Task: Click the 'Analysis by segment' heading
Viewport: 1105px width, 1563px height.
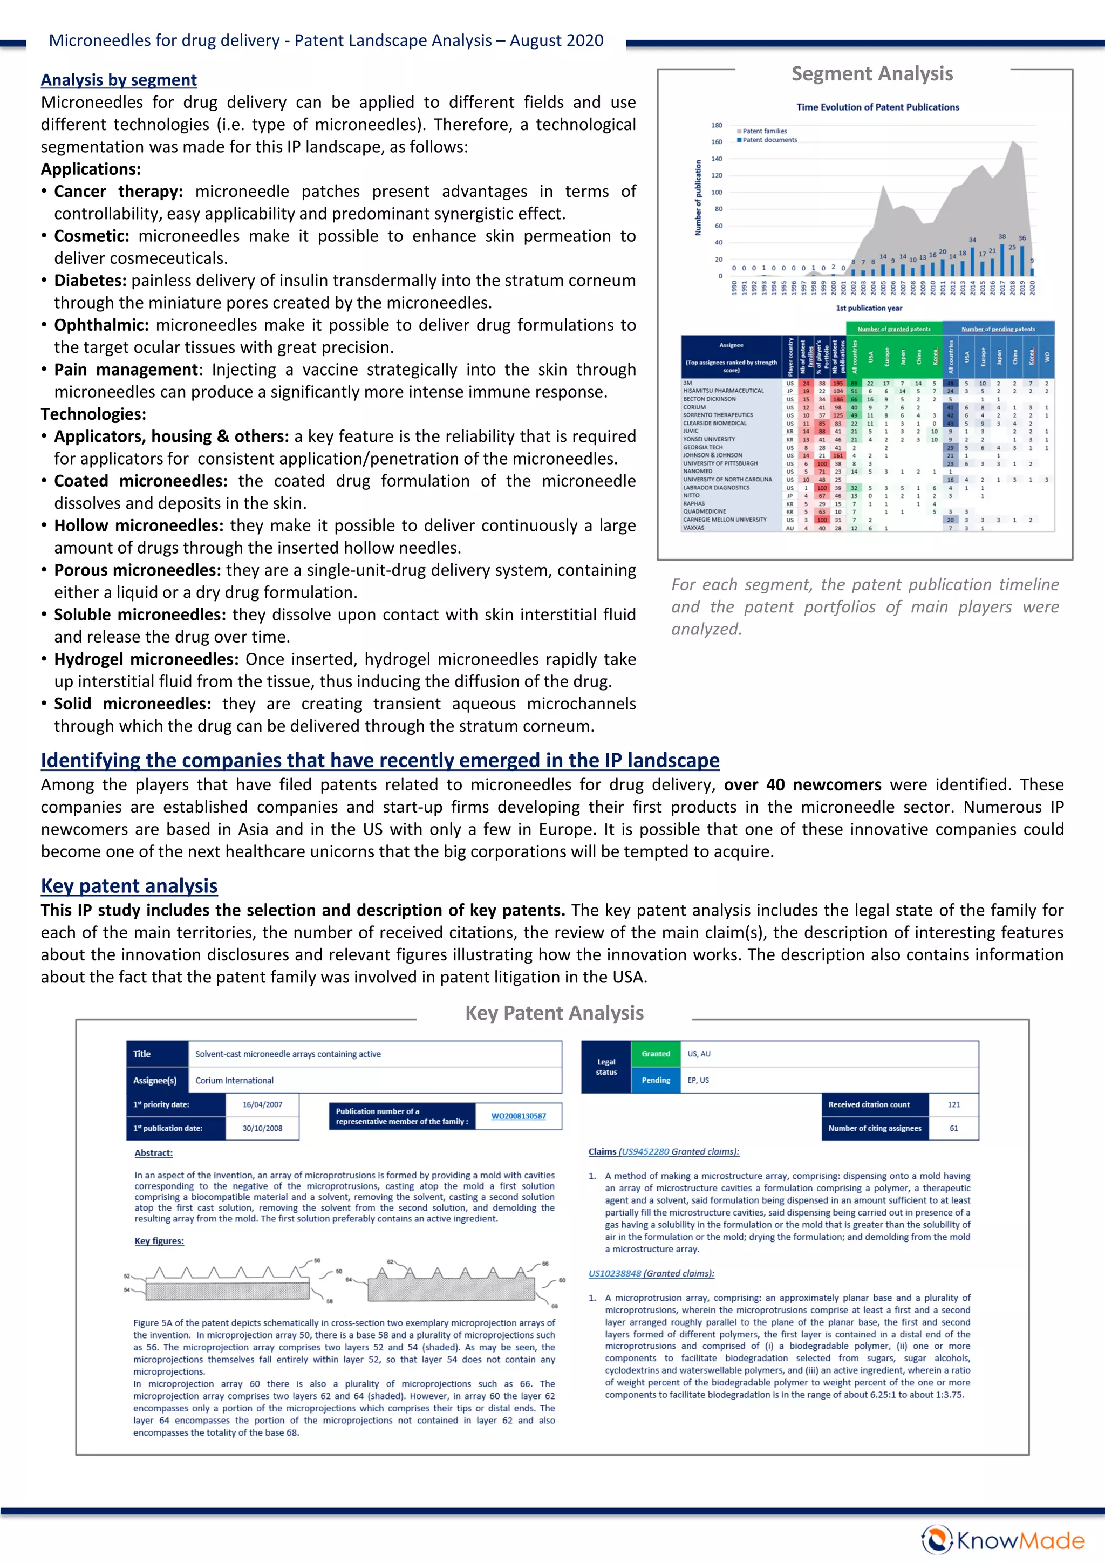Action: (x=119, y=80)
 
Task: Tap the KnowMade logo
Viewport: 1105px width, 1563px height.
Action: (x=1002, y=1540)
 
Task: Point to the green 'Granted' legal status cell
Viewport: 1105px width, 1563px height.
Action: (x=655, y=1054)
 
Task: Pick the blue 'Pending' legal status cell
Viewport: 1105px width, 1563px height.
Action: (x=655, y=1080)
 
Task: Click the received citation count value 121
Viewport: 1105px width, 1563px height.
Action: (x=953, y=1104)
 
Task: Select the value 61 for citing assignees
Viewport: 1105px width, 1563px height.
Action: (x=953, y=1128)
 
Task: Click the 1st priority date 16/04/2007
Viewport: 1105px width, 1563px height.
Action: (x=262, y=1104)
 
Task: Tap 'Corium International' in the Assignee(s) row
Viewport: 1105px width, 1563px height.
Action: (x=234, y=1080)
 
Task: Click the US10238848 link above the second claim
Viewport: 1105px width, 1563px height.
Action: (x=615, y=1273)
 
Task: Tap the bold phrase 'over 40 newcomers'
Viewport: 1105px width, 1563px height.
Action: (x=802, y=785)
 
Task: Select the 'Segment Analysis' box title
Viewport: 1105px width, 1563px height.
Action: (x=871, y=73)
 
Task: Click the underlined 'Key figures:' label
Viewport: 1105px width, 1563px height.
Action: (x=159, y=1240)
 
